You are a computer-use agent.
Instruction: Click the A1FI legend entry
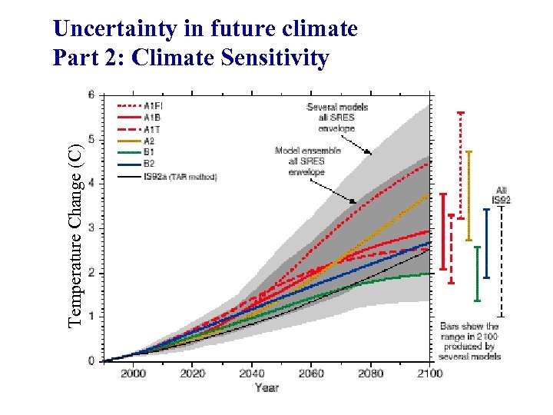[x=151, y=105]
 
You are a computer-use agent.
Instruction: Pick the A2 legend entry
[x=149, y=141]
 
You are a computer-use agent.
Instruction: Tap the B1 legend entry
[x=149, y=152]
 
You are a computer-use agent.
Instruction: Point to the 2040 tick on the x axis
[x=251, y=373]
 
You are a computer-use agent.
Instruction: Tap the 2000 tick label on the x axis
[x=133, y=373]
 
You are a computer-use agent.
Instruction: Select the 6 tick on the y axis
[x=91, y=95]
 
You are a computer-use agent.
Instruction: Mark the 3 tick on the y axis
[x=91, y=228]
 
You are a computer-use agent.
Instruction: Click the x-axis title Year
[x=267, y=388]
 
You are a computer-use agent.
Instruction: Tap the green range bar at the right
[x=478, y=273]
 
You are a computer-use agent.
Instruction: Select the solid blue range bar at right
[x=487, y=243]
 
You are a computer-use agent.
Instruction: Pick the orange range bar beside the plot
[x=469, y=196]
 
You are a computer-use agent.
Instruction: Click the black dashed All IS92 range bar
[x=501, y=261]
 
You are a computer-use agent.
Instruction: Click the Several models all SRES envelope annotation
[x=337, y=117]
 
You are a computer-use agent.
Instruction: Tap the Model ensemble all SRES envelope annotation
[x=300, y=161]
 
